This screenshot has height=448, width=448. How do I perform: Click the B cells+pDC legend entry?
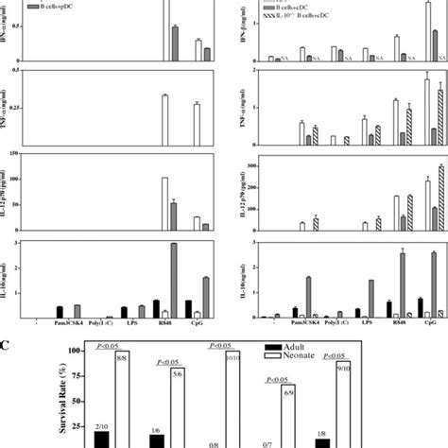[56, 6]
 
